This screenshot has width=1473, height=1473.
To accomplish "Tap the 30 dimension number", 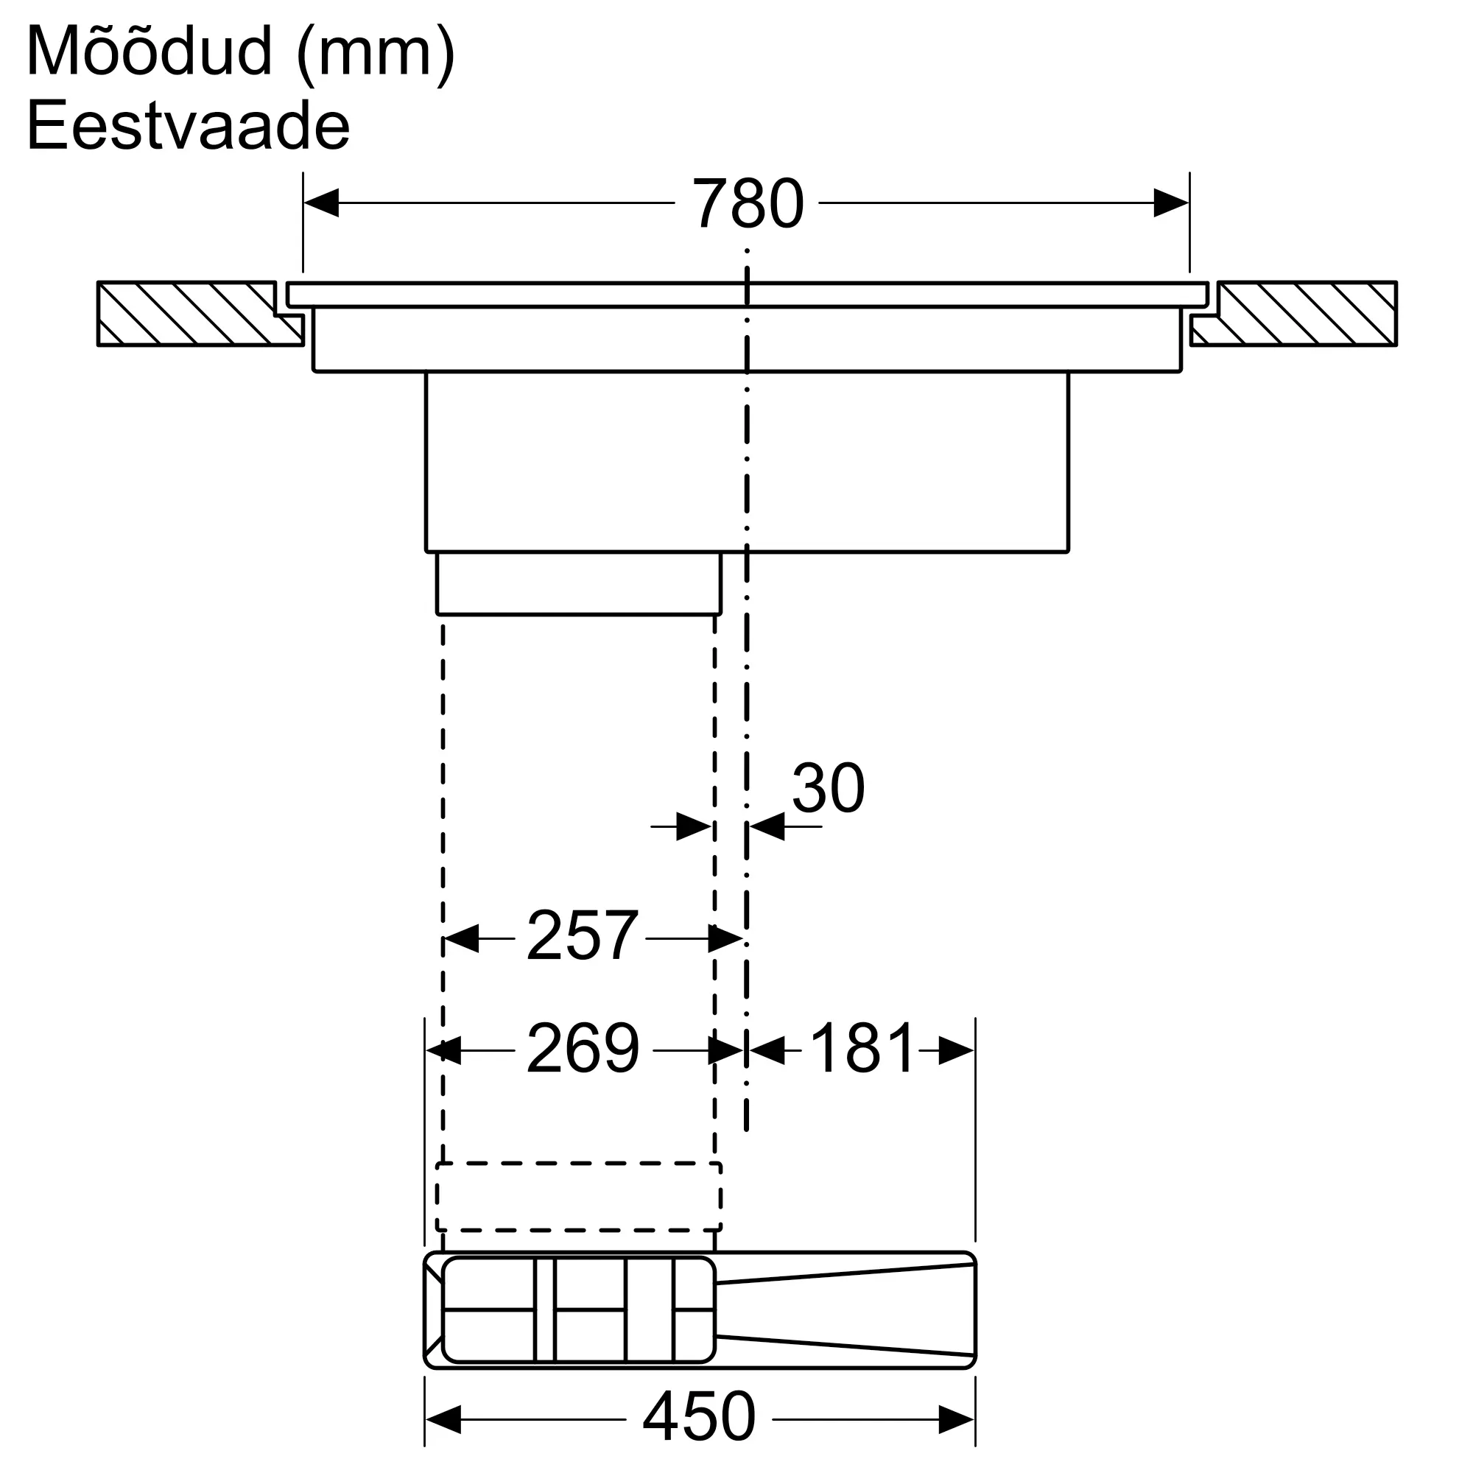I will pos(827,787).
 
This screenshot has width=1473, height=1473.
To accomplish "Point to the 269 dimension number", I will pos(583,1049).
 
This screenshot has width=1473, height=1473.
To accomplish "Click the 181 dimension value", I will pos(861,1049).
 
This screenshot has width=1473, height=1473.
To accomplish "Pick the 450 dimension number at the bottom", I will pos(698,1416).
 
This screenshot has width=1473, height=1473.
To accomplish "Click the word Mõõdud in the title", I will pos(149,52).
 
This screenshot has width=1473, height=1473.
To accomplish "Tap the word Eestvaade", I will pos(188,127).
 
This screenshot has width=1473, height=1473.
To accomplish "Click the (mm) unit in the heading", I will pos(375,53).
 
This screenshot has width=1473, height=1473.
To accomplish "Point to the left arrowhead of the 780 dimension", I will pos(322,203).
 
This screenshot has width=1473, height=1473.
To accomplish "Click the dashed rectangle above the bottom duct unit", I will pos(579,1196).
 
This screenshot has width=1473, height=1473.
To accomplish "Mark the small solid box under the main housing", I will pos(579,583).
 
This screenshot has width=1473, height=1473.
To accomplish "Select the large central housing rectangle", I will pos(746,461).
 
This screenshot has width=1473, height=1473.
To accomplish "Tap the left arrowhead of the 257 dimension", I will pos(460,938).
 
